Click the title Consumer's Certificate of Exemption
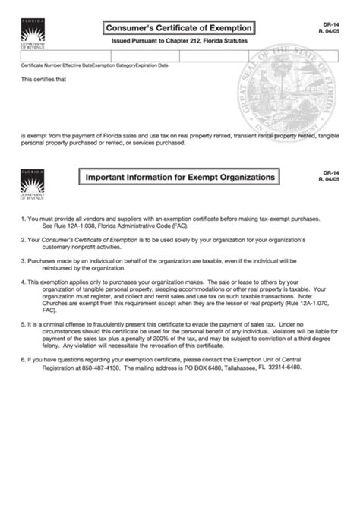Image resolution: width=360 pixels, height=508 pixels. tap(179, 28)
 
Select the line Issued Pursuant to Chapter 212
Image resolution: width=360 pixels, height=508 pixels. tap(178, 41)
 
